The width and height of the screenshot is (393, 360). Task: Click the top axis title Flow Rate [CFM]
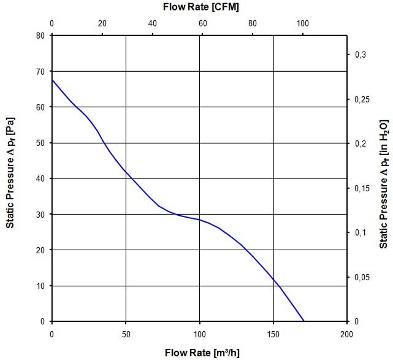pyautogui.click(x=200, y=8)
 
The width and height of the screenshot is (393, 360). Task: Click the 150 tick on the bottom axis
pyautogui.click(x=273, y=334)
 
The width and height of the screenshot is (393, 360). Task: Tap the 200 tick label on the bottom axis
pyautogui.click(x=346, y=334)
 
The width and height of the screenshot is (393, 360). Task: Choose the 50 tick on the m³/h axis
pyautogui.click(x=126, y=334)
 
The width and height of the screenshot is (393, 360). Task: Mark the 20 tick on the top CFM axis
pyautogui.click(x=102, y=24)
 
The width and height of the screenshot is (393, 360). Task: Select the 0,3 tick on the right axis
pyautogui.click(x=361, y=55)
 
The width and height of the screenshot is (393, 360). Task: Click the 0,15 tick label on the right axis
pyautogui.click(x=364, y=188)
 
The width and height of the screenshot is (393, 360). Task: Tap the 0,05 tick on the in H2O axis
pyautogui.click(x=364, y=277)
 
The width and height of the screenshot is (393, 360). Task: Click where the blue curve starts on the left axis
pyautogui.click(x=52, y=80)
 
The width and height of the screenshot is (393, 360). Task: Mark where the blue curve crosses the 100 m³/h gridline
pyautogui.click(x=199, y=220)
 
